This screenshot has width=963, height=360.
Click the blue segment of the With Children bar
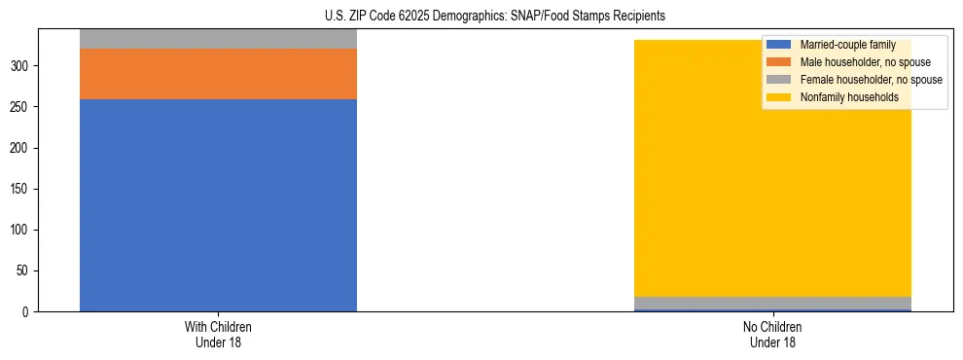coord(218,204)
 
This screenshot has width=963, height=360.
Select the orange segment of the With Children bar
coord(218,74)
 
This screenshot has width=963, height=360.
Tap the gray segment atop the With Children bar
coord(218,39)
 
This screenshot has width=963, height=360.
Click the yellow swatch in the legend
coord(779,97)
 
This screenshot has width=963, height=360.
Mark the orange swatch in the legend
coord(779,62)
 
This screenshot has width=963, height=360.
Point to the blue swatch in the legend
coord(779,45)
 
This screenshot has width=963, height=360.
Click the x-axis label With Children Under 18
coord(218,334)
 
